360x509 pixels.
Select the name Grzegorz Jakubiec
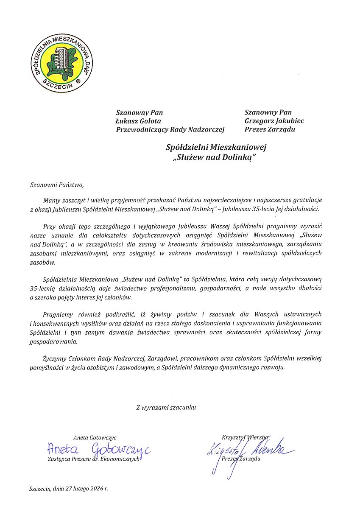(274, 121)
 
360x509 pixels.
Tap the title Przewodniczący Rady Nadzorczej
(170, 129)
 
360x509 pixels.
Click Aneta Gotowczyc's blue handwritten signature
(98, 449)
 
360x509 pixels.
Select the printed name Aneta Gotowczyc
(95, 437)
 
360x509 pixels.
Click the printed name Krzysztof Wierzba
(244, 437)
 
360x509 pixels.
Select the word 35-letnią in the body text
(42, 288)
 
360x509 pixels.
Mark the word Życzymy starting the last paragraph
(55, 358)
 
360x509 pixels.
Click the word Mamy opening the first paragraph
(51, 200)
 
